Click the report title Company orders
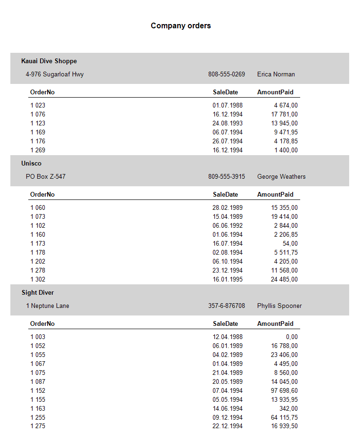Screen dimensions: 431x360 tap(180, 26)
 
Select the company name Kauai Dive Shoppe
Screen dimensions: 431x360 tap(49, 61)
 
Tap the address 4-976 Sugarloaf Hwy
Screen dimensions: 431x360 tap(55, 75)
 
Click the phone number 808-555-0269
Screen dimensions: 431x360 tap(227, 75)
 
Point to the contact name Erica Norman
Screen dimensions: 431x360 tap(276, 75)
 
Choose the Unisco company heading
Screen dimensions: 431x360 tap(32, 164)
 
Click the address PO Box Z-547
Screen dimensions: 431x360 tap(46, 177)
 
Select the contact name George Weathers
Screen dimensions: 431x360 tap(281, 177)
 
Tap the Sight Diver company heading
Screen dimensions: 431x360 tap(38, 293)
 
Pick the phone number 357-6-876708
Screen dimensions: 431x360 tap(227, 306)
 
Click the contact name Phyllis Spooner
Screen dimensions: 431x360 tap(279, 306)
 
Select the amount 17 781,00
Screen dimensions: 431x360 tap(285, 115)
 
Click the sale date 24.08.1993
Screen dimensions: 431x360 tap(228, 124)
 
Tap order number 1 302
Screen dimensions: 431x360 tap(38, 280)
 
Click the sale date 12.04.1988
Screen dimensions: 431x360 tap(228, 337)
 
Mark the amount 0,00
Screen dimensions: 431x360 tap(292, 337)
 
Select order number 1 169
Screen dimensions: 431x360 tap(38, 133)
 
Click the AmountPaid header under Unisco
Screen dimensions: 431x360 tap(275, 195)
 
